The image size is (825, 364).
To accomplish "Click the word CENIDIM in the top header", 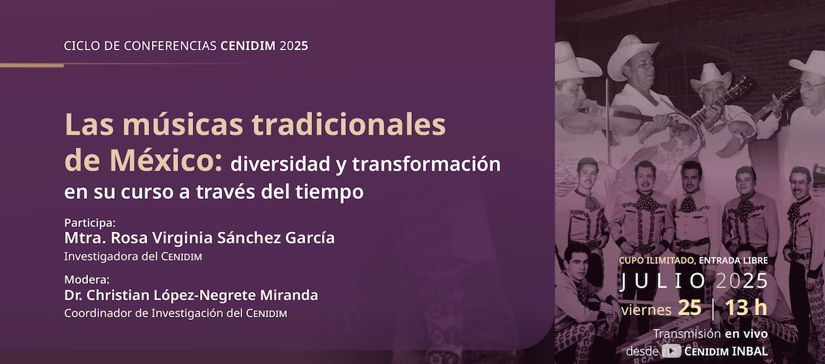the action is (x=248, y=45).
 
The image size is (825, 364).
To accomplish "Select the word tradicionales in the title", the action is (x=349, y=125).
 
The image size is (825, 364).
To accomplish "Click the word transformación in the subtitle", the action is (x=426, y=164).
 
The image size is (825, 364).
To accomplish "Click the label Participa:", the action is (x=90, y=223).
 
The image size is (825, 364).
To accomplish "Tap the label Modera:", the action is (x=87, y=280).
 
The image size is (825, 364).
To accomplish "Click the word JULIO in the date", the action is (x=663, y=281).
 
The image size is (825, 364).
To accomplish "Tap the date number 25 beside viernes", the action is (x=690, y=308).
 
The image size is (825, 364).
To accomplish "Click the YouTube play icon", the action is (x=671, y=351).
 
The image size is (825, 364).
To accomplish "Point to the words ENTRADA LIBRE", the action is (x=734, y=260).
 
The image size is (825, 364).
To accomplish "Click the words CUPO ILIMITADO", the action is (x=657, y=260).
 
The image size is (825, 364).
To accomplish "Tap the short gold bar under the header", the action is (x=32, y=65).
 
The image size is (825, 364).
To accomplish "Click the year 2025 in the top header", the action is (x=294, y=45).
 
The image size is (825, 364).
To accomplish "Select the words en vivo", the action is (x=747, y=334).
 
